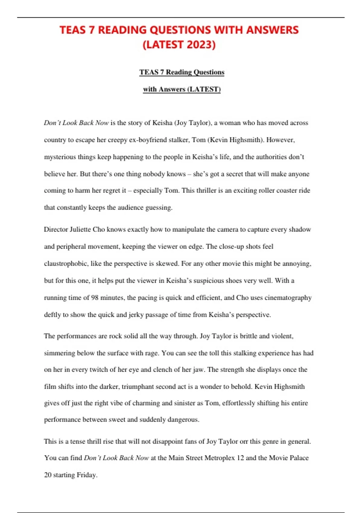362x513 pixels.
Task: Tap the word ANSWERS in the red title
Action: click(x=272, y=30)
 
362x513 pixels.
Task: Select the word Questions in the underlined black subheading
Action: click(x=209, y=72)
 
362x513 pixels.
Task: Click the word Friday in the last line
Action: click(x=87, y=475)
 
